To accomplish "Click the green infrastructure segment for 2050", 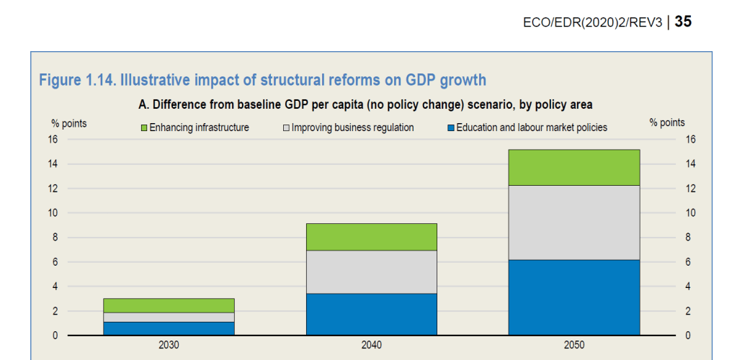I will pyautogui.click(x=574, y=167).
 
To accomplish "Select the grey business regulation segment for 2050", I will pyautogui.click(x=574, y=222).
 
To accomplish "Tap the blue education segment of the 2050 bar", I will pyautogui.click(x=574, y=297).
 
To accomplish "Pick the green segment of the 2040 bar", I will pyautogui.click(x=372, y=237).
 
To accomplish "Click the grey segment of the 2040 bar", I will pyautogui.click(x=372, y=272).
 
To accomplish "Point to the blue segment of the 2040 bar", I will pyautogui.click(x=372, y=314).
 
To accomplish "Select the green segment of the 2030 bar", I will pyautogui.click(x=169, y=305).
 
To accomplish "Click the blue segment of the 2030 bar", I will pyautogui.click(x=169, y=328).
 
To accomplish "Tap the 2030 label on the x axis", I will pyautogui.click(x=169, y=346).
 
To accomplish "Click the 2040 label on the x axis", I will pyautogui.click(x=372, y=346).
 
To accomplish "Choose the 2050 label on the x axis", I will pyautogui.click(x=574, y=346).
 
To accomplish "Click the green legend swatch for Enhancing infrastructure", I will pyautogui.click(x=143, y=128).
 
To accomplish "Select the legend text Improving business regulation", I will pyautogui.click(x=352, y=128).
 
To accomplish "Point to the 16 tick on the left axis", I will pyautogui.click(x=53, y=140).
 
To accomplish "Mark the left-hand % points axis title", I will pyautogui.click(x=69, y=124).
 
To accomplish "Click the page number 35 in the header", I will pyautogui.click(x=683, y=22).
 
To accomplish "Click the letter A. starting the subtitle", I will pyautogui.click(x=143, y=104).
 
